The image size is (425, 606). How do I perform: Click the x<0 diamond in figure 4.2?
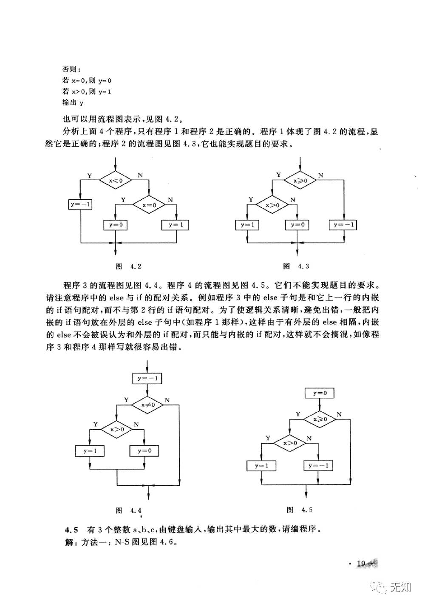tap(116, 180)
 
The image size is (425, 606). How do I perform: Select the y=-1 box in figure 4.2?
tap(81, 204)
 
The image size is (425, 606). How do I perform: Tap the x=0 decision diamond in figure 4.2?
tap(149, 204)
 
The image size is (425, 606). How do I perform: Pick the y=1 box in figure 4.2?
tap(176, 225)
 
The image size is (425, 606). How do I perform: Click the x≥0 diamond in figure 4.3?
tap(300, 180)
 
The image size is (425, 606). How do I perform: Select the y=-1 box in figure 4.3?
tap(344, 225)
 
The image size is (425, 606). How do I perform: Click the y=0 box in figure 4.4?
tap(144, 450)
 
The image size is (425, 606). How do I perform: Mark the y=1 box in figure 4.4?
tap(90, 450)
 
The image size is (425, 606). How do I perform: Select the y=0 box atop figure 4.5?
tap(320, 393)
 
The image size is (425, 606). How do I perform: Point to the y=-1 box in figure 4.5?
tap(318, 466)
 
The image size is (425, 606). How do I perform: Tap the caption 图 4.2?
tap(129, 266)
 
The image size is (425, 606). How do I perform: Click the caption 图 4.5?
tap(300, 510)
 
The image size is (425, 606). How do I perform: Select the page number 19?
tap(362, 564)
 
